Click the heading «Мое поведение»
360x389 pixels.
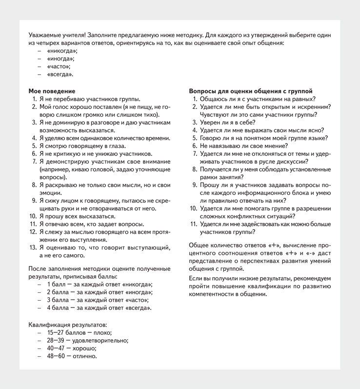tap(52, 91)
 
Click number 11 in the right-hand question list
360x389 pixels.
tap(194, 224)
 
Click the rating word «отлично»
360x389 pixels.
tap(85, 356)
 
